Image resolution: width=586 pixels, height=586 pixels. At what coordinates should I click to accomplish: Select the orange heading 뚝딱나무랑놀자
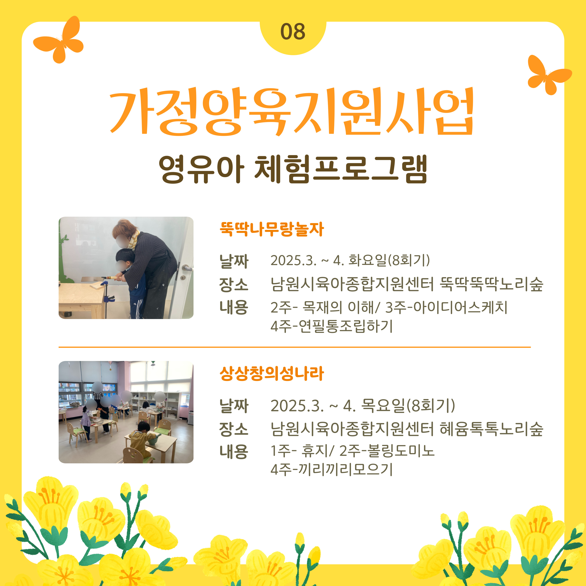coord(272,229)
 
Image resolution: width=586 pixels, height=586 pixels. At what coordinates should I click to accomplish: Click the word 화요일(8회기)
coord(389,260)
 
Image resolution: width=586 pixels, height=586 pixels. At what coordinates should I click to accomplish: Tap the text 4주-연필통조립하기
coord(332,326)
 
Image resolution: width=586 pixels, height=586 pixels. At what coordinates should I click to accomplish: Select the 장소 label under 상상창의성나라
coord(233,429)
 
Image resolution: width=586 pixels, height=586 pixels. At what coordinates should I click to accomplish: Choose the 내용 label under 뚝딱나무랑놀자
coord(233,307)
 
